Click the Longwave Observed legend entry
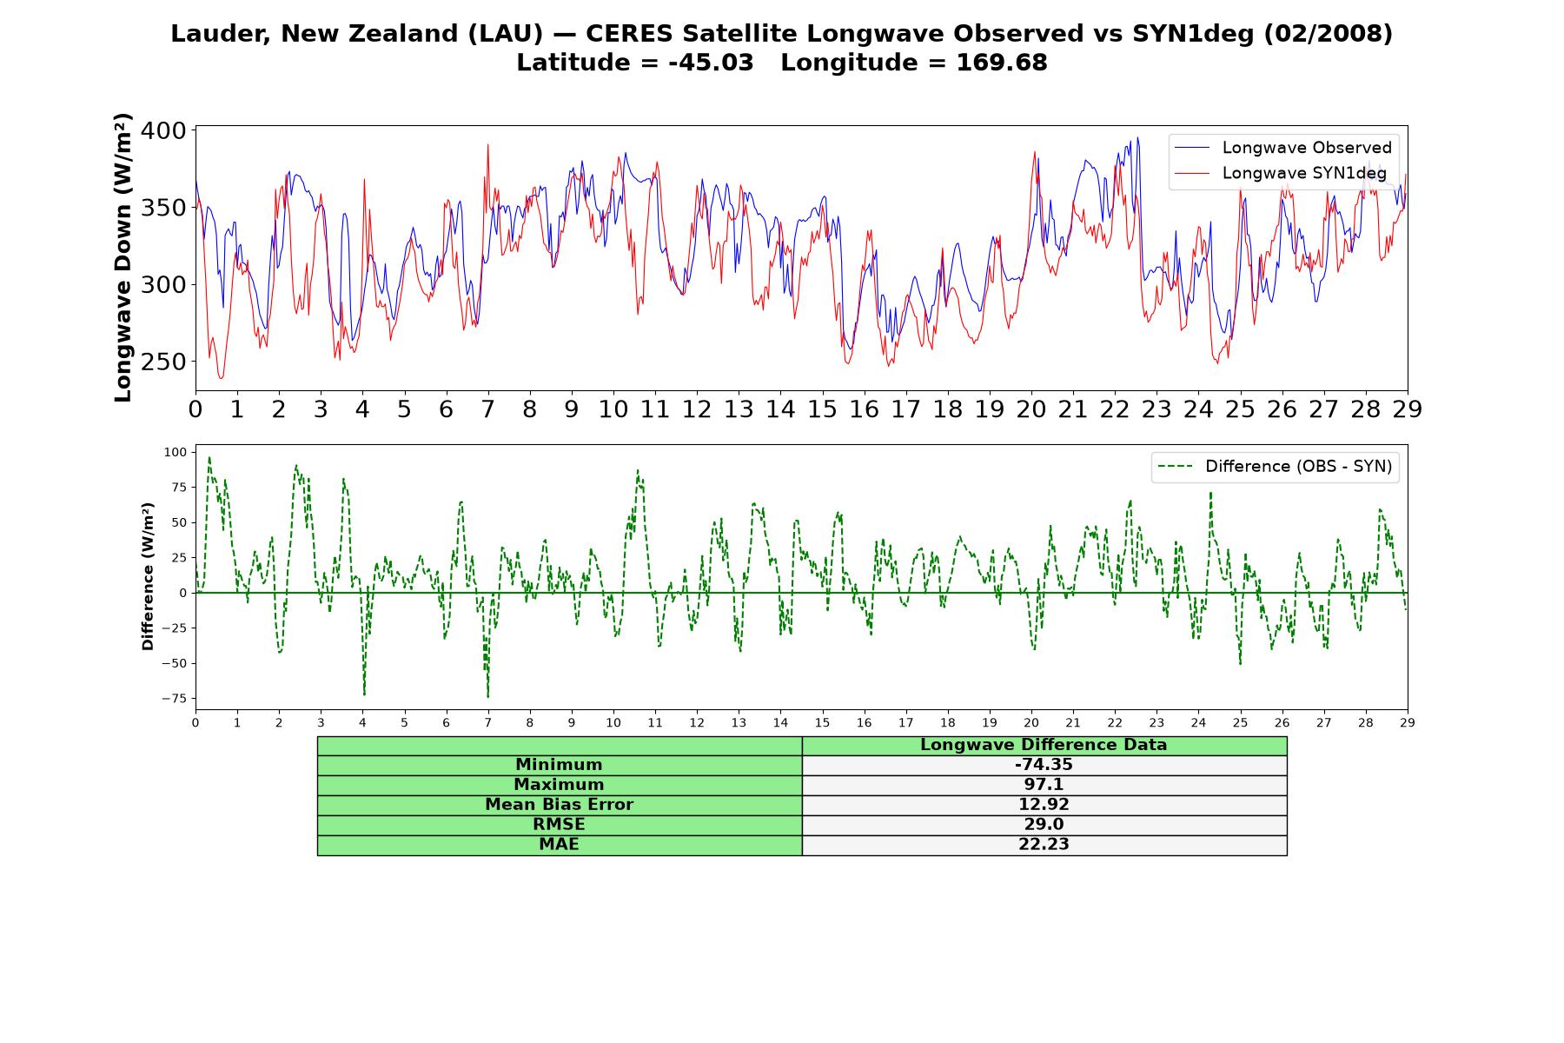point(1282,148)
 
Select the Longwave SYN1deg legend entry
point(1281,173)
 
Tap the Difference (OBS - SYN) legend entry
point(1276,467)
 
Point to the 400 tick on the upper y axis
point(164,131)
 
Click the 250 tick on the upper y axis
point(164,362)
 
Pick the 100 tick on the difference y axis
point(175,452)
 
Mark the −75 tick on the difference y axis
point(175,698)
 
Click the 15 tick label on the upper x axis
point(822,409)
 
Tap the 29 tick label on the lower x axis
point(1408,722)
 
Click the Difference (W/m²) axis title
point(148,576)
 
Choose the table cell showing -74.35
point(1044,765)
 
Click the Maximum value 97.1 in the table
point(1044,785)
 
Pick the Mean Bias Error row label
point(559,805)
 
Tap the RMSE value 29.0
point(1044,825)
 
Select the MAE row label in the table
point(559,845)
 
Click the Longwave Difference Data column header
point(1044,745)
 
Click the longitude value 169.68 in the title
point(1002,63)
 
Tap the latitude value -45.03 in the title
point(711,63)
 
